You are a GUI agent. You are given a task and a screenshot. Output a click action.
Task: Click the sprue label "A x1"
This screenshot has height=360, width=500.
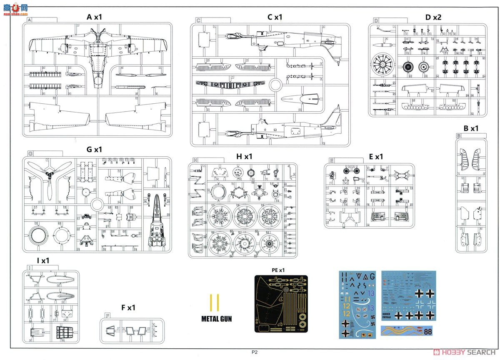click(x=94, y=17)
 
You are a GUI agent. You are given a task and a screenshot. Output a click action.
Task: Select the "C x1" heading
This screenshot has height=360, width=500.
click(x=275, y=17)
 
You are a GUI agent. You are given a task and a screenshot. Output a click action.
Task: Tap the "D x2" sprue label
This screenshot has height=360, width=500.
click(x=433, y=17)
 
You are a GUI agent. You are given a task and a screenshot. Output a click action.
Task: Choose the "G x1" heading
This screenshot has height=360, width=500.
click(x=94, y=150)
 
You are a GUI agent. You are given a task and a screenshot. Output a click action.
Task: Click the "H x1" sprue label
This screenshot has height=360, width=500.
click(x=244, y=156)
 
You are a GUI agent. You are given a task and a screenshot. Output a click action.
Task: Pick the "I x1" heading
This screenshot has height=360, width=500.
click(x=43, y=261)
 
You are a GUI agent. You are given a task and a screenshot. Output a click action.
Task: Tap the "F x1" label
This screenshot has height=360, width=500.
click(x=128, y=307)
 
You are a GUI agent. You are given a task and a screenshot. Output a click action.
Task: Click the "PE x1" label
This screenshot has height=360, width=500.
click(x=278, y=270)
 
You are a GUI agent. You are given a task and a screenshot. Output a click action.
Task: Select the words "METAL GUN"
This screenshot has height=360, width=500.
click(x=217, y=319)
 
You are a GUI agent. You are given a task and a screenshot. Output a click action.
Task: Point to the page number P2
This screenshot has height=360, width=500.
click(x=255, y=352)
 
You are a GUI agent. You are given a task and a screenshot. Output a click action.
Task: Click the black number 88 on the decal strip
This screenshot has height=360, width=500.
click(x=427, y=332)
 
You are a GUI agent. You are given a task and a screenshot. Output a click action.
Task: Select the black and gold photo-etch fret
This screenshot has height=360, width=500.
click(x=281, y=303)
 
